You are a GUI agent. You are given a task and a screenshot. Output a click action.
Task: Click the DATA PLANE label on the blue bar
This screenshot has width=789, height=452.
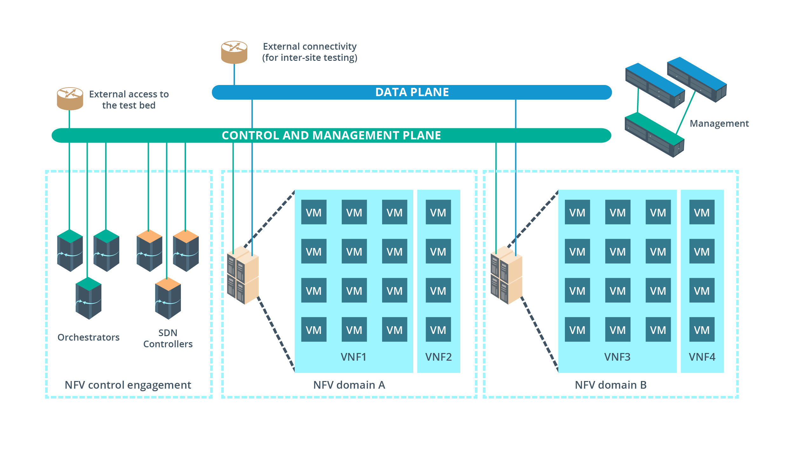(x=412, y=92)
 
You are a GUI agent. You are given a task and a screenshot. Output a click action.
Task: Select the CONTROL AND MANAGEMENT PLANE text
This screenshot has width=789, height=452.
(x=331, y=136)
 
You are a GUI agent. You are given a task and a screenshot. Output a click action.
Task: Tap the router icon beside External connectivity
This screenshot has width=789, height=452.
(x=234, y=52)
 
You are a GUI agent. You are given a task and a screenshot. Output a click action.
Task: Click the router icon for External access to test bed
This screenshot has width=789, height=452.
(x=70, y=98)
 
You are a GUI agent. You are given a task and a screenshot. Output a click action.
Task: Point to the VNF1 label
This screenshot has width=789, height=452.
(x=353, y=357)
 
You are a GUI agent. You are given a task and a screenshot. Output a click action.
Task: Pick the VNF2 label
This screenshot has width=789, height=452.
(x=438, y=357)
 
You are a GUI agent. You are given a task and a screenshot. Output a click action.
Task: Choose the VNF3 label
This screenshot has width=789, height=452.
(x=617, y=357)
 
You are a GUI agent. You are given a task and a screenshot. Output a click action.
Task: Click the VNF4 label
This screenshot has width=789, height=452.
(x=702, y=357)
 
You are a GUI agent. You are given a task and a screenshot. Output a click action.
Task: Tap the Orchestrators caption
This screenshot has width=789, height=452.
(x=88, y=337)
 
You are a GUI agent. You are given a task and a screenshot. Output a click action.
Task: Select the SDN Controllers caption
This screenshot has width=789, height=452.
(x=168, y=338)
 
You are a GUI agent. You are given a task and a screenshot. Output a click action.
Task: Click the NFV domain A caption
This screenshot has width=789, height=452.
(x=349, y=385)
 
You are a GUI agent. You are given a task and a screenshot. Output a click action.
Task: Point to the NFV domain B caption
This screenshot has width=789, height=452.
(x=611, y=385)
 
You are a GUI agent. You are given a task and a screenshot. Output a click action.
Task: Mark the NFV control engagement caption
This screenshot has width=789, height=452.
(x=128, y=385)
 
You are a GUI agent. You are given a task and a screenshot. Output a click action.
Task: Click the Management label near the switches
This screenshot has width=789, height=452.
(x=719, y=124)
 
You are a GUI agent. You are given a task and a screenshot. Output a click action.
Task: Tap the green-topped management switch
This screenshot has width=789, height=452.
(x=654, y=135)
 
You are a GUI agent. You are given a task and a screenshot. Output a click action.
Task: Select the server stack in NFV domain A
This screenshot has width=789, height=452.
(x=243, y=275)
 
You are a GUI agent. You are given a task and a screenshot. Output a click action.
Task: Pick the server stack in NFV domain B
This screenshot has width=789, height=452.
(x=506, y=275)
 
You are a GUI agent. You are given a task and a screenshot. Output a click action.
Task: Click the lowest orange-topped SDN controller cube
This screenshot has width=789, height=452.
(x=168, y=298)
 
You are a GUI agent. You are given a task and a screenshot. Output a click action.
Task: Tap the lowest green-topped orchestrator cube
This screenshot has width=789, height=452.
(x=88, y=298)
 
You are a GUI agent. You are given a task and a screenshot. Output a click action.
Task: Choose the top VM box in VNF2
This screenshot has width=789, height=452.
(x=438, y=212)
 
